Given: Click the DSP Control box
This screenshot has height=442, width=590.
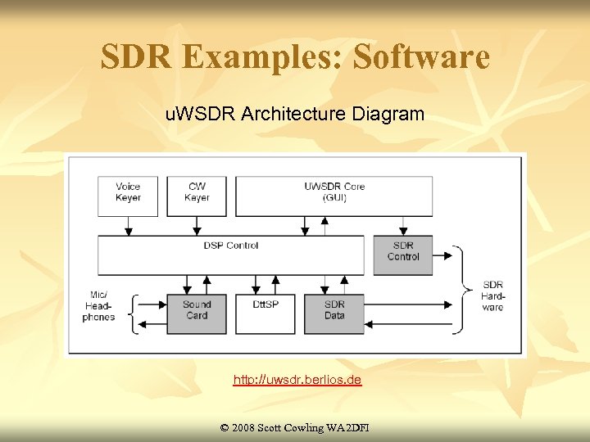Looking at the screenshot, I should (230, 255).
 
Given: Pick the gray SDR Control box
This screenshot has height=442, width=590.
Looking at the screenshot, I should (403, 255).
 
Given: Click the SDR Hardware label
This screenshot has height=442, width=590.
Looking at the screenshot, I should (493, 295).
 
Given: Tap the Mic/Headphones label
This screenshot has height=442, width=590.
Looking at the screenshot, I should (99, 305).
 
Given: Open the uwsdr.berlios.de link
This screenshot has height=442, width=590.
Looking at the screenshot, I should (297, 381).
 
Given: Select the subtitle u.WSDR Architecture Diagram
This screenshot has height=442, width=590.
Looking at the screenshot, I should (295, 114).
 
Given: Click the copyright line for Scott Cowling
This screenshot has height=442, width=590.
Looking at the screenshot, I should (295, 427).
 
